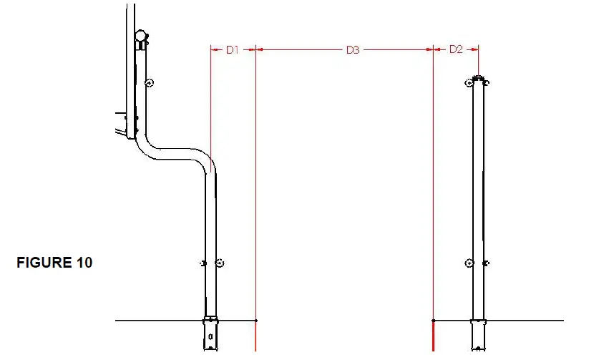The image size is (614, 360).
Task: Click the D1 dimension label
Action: [x=232, y=50]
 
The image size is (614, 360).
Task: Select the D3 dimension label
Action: [x=353, y=50]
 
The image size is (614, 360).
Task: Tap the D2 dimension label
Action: [x=456, y=49]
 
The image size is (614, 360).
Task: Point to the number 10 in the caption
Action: [x=84, y=263]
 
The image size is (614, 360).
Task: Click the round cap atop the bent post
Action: [x=140, y=36]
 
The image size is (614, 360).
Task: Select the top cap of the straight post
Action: [x=478, y=78]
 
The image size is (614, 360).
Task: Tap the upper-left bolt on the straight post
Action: [x=469, y=82]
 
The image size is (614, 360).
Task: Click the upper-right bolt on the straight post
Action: [x=487, y=83]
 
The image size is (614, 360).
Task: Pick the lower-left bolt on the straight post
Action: [x=469, y=263]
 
